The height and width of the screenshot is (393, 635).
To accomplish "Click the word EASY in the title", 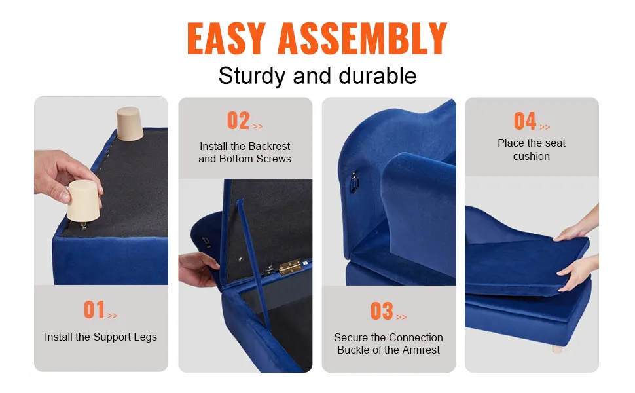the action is coord(227,39).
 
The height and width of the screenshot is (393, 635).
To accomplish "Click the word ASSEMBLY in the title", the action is coord(362,39).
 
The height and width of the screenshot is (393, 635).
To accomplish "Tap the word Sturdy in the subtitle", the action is coord(251,76).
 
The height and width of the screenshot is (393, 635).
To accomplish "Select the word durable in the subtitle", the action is coord(378,75).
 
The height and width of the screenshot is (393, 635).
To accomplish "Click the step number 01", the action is coord(94,310).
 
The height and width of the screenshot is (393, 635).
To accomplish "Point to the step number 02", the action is coord(238,121).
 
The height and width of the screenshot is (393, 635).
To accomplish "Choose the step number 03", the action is coord(382,311).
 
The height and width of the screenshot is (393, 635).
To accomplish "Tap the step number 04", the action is coord(525,121).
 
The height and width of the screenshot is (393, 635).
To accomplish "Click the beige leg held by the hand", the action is coord(83,201).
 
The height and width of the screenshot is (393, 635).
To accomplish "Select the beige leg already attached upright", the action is coord(130,124).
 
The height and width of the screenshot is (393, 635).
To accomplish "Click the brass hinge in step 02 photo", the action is coord(289,267).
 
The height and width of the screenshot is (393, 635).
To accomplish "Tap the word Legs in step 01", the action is coord(145,337).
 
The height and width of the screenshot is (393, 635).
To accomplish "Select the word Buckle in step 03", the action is coord(353,350).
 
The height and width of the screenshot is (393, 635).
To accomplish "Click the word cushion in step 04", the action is coord(532,157).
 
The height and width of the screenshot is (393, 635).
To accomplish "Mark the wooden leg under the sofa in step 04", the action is coord(558,348).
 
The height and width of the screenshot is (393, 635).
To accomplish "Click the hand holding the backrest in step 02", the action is coord(198,268).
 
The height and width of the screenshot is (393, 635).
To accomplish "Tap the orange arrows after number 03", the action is coord(401,317).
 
